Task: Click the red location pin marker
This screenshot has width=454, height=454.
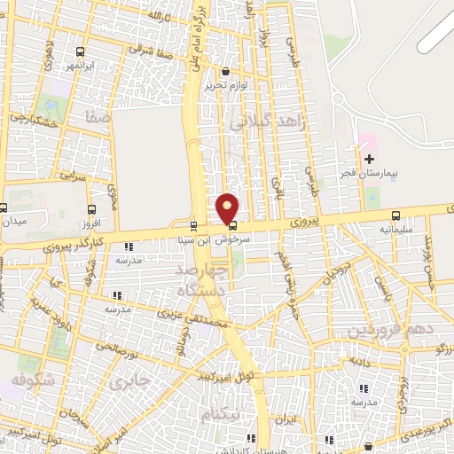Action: coord(228,208)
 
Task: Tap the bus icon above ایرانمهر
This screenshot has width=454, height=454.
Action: coord(82,51)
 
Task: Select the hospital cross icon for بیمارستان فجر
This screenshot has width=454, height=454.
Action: coord(369,159)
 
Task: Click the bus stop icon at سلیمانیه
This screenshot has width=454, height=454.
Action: coord(395,215)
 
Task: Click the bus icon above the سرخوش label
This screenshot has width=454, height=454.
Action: coord(232,225)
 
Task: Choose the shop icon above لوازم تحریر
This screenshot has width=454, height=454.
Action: coord(225,72)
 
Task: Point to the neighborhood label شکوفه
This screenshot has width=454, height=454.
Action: coord(28,380)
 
